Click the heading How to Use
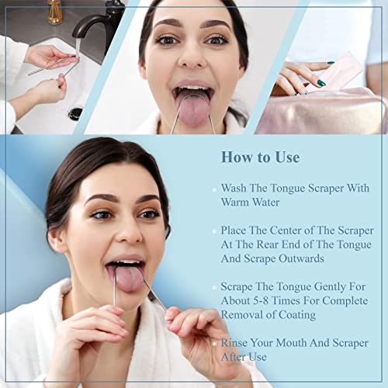click(260, 158)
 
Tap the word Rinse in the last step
click(237, 343)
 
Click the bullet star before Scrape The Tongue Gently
click(214, 288)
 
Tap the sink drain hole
click(75, 113)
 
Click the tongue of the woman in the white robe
click(130, 277)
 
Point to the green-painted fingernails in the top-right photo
click(320, 82)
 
